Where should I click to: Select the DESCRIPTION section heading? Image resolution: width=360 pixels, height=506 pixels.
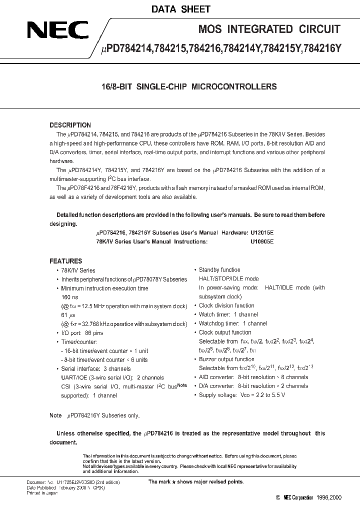(70, 125)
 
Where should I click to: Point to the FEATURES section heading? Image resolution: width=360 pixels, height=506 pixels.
(65, 261)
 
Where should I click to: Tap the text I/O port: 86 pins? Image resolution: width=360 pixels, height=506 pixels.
(83, 332)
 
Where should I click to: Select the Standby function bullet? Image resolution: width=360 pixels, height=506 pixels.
(219, 270)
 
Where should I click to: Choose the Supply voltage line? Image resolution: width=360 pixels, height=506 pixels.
(242, 395)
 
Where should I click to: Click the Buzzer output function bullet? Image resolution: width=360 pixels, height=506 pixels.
(226, 359)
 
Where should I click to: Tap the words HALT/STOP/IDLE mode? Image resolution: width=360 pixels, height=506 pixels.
(229, 279)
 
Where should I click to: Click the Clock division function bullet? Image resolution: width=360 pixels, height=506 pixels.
(226, 305)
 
